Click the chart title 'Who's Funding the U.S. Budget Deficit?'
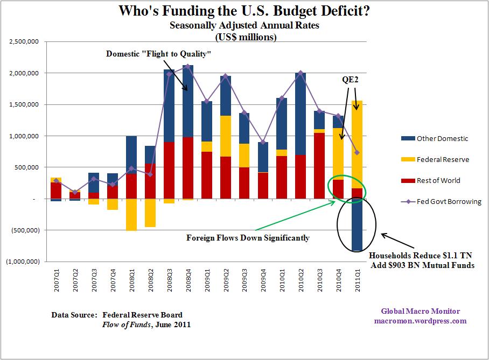coord(244,12)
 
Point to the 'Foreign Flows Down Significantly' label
coord(248,237)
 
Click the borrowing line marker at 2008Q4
coord(188,66)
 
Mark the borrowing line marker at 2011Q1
coord(357,152)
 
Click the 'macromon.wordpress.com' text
coord(420,321)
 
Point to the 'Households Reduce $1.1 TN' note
coord(421,256)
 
